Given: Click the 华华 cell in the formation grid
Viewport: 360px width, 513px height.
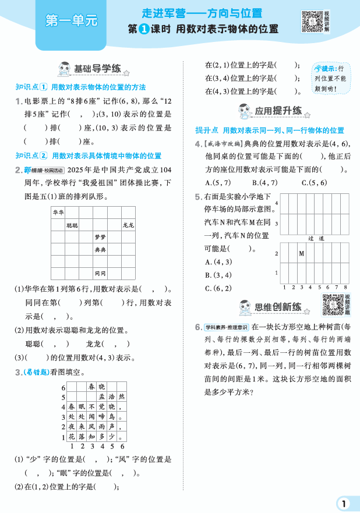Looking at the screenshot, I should pos(58,213).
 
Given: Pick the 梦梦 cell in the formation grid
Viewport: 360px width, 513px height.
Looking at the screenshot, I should pos(100,238).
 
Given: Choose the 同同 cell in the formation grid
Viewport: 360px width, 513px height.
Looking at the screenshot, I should pos(100,273).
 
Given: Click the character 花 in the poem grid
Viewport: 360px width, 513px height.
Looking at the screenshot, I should pos(72,437).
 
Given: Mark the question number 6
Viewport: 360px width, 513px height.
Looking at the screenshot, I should pos(199,328).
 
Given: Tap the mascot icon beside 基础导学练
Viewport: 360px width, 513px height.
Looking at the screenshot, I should pos(62,69).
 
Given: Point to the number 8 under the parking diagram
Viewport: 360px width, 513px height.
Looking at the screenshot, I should pos(345,287).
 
